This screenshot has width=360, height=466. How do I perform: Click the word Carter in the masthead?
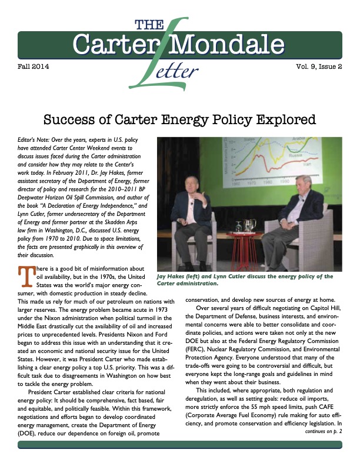point(112,44)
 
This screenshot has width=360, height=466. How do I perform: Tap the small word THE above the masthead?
point(149,24)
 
